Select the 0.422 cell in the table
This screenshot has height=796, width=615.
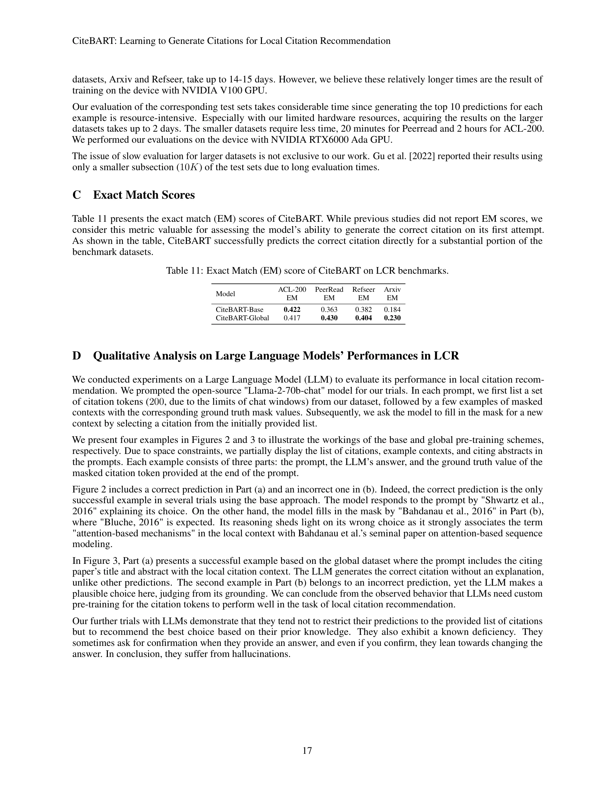292,310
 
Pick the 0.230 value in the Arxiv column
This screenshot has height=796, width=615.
392,318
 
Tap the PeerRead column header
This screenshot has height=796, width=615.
329,289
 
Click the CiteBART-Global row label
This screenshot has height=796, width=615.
242,318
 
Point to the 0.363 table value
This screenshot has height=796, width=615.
329,310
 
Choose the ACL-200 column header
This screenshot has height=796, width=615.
292,289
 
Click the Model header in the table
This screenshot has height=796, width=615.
225,294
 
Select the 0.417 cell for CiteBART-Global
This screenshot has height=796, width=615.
292,318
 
